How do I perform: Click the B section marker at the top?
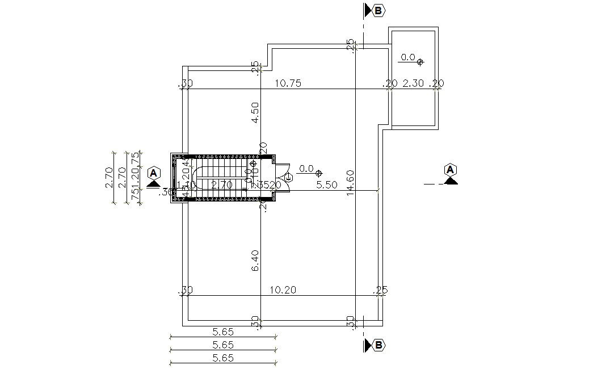pos(378,10)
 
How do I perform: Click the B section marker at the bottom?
pos(378,345)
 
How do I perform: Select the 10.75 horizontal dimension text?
pos(288,83)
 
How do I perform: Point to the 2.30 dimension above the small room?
pos(413,83)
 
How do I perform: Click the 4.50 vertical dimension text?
pos(255,112)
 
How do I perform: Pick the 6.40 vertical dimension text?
pos(255,260)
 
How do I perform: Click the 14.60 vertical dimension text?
pos(350,183)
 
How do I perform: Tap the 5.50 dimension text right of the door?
pos(327,185)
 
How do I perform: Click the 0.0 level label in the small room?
pos(408,57)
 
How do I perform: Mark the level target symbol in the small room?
pos(420,62)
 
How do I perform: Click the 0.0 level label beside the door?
pos(306,169)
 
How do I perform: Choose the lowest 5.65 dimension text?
pos(223,358)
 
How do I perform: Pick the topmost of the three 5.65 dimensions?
pos(223,332)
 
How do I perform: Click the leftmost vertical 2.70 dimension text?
pos(109,178)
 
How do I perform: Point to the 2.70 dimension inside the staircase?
pos(221,185)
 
